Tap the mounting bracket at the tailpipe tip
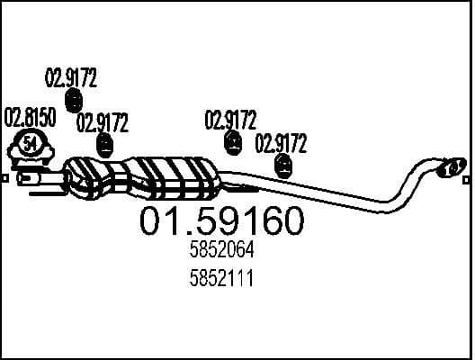point(449,166)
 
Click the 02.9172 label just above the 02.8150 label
point(70,76)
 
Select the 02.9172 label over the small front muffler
point(102,122)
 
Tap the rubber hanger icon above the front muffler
point(105,144)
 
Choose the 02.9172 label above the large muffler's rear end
point(230,120)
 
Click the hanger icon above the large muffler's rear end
point(232,142)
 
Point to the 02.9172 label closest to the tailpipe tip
point(282,143)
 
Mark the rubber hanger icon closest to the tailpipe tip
point(283,165)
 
